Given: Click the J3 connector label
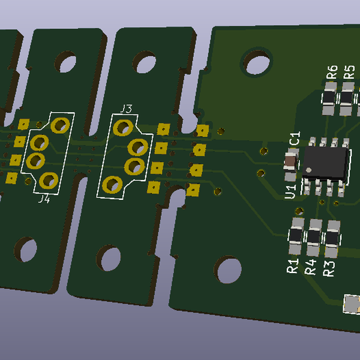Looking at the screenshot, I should coord(126,109).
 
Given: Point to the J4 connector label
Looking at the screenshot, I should coord(44,199).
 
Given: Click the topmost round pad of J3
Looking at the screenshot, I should coord(124,127).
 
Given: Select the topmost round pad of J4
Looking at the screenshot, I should coord(60,125).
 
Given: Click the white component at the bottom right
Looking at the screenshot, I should coord(352,304).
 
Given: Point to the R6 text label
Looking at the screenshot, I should coord(332,73).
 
